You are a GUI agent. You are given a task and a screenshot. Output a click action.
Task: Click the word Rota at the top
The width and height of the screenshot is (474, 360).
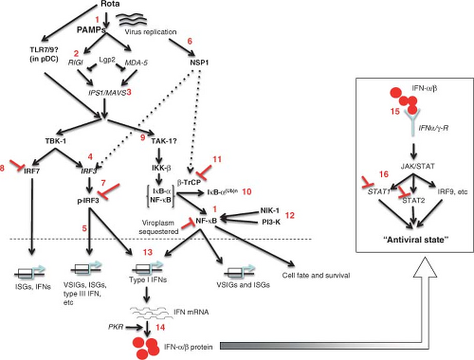tap(110, 4)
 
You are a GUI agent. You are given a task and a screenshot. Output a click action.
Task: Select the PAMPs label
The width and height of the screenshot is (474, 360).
tap(91, 30)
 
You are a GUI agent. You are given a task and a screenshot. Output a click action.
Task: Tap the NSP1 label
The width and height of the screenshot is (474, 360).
tap(199, 63)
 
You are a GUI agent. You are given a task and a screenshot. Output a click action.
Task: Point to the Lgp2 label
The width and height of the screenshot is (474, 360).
tap(107, 60)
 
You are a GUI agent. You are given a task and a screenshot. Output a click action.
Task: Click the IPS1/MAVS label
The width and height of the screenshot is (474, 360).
tap(107, 93)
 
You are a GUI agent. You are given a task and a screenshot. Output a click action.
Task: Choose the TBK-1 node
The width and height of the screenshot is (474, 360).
tap(56, 141)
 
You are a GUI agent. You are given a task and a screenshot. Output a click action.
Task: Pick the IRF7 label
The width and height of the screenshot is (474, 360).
tap(32, 171)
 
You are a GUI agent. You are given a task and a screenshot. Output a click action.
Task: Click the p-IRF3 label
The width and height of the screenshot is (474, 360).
tap(88, 201)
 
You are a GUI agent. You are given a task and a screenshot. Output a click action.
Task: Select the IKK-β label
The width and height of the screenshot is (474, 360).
tap(161, 168)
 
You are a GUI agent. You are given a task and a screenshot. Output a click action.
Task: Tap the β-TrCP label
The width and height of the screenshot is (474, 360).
tap(189, 182)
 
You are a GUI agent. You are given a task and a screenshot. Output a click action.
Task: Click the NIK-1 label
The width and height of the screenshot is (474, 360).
tap(269, 210)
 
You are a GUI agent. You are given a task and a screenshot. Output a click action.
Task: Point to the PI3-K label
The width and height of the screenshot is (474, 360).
tap(271, 222)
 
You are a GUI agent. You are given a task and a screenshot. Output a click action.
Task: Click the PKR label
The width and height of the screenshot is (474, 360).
tap(116, 327)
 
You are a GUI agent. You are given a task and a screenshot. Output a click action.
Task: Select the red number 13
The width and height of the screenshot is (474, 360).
tap(148, 252)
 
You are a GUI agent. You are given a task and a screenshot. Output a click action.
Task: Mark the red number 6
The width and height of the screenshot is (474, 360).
tap(190, 41)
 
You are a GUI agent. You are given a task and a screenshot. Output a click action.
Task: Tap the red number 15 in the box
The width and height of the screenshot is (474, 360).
tap(395, 111)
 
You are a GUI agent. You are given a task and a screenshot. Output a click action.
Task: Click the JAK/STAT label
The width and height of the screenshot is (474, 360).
tap(418, 166)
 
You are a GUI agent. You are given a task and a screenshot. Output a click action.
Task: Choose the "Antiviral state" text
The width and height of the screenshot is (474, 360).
tap(416, 240)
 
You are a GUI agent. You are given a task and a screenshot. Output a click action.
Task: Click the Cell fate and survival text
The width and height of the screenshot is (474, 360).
tap(316, 276)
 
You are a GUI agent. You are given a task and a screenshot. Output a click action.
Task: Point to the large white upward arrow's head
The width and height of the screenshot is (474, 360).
tap(426, 267)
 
